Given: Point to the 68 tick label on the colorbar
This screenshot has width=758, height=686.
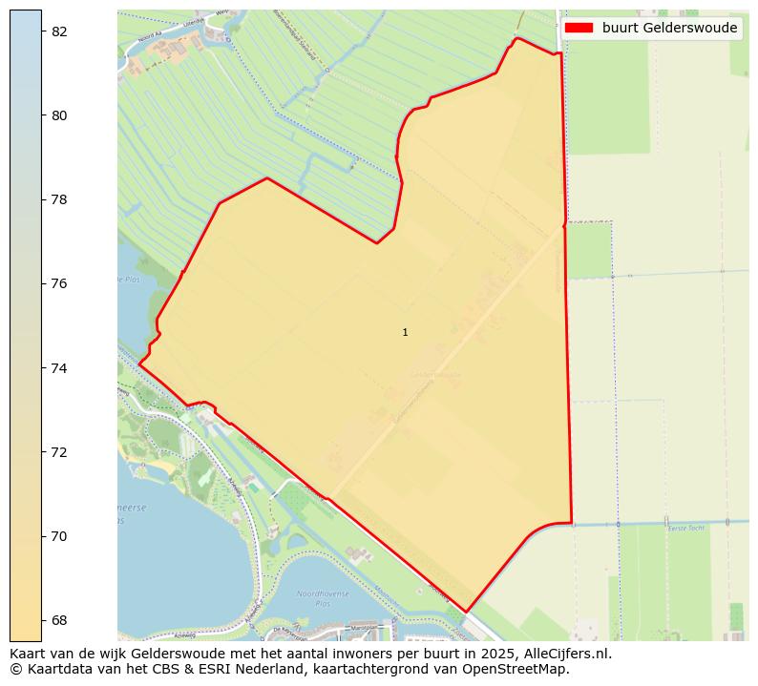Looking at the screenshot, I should coord(59,620).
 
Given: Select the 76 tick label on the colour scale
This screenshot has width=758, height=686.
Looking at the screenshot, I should coord(59,283).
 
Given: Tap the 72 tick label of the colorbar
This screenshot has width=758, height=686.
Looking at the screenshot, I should coord(59,452).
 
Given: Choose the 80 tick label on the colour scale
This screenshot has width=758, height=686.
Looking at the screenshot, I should coord(59,115).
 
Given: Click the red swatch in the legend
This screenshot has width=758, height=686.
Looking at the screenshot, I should coord(579,28).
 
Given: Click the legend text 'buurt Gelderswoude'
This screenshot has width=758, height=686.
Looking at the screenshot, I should coord(669,28).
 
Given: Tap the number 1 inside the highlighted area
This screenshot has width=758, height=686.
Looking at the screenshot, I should coord(405,332).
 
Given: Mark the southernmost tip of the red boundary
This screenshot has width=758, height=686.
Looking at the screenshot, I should coord(466,612).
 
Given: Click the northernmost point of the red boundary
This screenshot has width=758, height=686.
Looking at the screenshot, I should coord(517,38).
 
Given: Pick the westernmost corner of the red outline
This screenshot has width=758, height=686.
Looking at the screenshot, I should coord(139,364).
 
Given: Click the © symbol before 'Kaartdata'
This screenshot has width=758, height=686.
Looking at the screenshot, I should coord(16,669).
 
